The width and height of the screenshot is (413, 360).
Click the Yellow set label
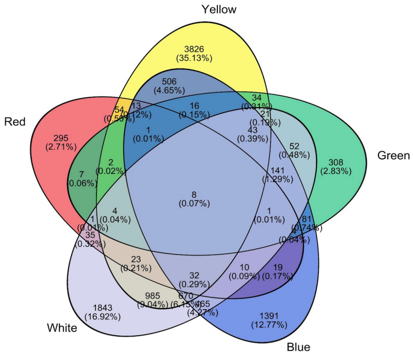[219, 9]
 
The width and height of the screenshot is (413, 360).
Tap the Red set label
[15, 122]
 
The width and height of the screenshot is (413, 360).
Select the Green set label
[393, 156]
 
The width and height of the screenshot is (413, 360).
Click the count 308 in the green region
[336, 162]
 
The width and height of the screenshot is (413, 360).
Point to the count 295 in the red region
[60, 138]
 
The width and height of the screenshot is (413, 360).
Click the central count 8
[194, 195]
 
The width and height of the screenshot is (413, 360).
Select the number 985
[156, 295]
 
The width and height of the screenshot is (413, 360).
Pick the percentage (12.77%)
[268, 325]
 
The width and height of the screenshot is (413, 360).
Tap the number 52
[294, 146]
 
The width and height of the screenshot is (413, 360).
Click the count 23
[136, 259]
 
